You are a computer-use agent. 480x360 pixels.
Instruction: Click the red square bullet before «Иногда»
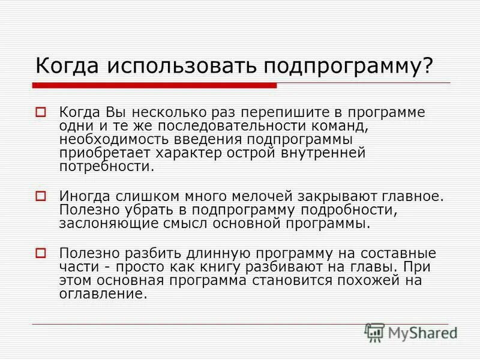click(41, 195)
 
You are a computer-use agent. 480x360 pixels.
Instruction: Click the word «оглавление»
click(103, 294)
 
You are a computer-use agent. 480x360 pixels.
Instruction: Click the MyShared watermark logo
click(411, 332)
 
